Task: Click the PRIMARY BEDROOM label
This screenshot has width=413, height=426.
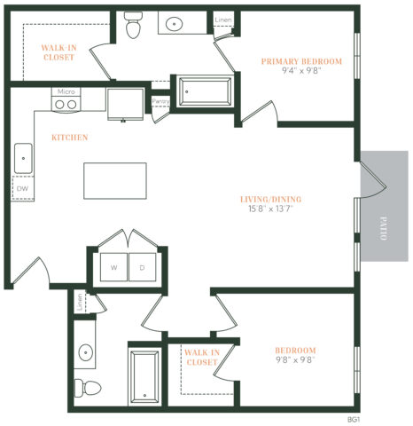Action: click(301, 61)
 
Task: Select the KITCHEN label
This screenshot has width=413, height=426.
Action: click(68, 138)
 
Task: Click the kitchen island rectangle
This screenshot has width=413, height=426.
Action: click(116, 180)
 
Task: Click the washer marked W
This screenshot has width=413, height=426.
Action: click(114, 267)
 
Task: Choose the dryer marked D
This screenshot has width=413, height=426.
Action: click(142, 267)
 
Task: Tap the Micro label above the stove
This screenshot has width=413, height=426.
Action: click(65, 91)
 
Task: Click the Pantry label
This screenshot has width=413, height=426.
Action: click(160, 101)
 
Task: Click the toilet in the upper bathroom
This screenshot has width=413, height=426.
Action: click(134, 28)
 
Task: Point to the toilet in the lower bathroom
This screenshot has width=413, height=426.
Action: click(83, 387)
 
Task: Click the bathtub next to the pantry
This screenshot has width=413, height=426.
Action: click(205, 91)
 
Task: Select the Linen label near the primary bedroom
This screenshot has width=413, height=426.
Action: click(224, 20)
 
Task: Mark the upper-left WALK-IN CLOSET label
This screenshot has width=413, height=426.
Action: click(58, 51)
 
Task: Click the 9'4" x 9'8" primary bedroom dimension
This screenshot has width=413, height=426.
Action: click(301, 72)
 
